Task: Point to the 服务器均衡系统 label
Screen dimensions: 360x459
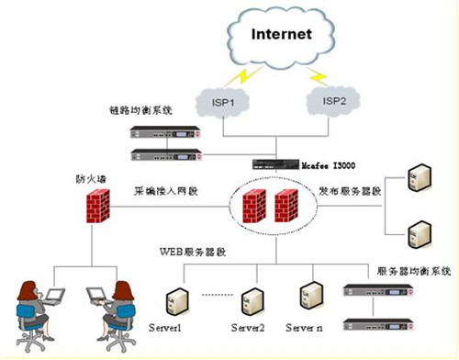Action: (x=409, y=272)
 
